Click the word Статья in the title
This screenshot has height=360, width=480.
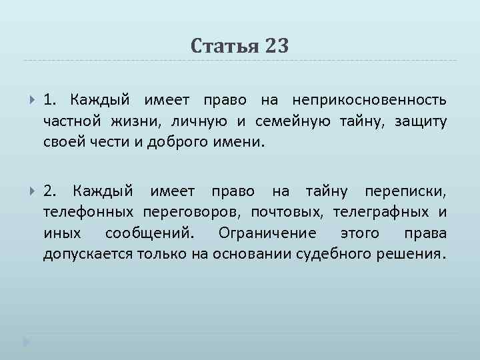(x=223, y=45)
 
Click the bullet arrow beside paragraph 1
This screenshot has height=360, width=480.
(x=32, y=100)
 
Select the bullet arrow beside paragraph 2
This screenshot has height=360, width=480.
(x=32, y=192)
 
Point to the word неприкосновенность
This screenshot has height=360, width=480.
(x=369, y=100)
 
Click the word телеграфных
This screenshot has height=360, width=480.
(x=375, y=213)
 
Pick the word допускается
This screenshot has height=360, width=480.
(x=88, y=254)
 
